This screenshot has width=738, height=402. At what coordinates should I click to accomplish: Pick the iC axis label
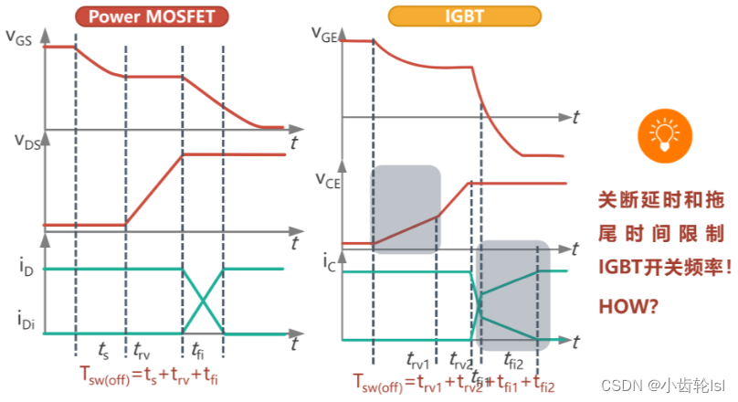coord(330,260)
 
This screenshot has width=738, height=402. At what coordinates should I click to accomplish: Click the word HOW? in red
coord(627,307)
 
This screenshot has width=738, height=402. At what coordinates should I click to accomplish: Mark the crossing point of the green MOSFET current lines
coord(203,301)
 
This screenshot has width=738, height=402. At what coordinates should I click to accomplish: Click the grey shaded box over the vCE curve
coord(406,208)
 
